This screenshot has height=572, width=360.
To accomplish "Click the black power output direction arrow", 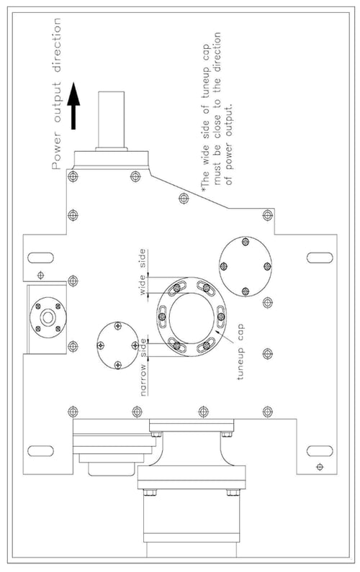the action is [x=73, y=106].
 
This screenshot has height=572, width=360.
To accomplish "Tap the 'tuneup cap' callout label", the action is [x=240, y=351].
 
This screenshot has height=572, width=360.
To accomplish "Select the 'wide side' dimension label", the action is [x=143, y=272].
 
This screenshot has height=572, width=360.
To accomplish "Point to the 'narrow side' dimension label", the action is [x=144, y=368].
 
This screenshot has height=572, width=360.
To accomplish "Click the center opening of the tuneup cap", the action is [x=192, y=317].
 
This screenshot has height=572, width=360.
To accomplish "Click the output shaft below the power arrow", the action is [x=112, y=119].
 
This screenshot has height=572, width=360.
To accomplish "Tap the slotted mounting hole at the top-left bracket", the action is [x=40, y=258].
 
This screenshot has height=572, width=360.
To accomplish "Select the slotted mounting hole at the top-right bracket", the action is [x=320, y=258].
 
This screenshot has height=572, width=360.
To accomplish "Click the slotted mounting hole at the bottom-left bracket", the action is [x=40, y=451].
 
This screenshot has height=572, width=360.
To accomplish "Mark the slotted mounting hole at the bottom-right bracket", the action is [x=320, y=451].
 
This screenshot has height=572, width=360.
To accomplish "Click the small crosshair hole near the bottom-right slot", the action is [x=320, y=466].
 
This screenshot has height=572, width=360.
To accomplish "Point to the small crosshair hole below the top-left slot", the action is [x=41, y=274].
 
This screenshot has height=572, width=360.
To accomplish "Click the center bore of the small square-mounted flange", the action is [x=48, y=317].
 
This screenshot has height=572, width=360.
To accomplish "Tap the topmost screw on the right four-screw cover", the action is [x=246, y=241].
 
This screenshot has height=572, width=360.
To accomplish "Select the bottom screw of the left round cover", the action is [x=117, y=364].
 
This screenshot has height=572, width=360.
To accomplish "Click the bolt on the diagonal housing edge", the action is [x=184, y=198].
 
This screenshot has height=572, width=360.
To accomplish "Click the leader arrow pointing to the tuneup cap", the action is [x=225, y=336].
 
